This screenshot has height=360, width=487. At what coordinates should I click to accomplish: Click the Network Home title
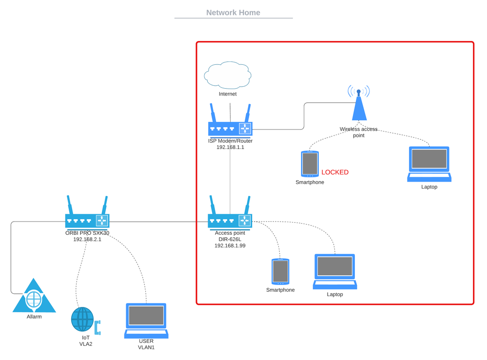point(233,13)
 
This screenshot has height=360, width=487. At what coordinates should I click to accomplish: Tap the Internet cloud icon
point(228,75)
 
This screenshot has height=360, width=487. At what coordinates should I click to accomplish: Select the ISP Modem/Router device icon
point(230,125)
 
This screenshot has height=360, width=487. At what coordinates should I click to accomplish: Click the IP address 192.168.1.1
point(230,147)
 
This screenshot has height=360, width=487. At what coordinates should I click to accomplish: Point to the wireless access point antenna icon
point(359,104)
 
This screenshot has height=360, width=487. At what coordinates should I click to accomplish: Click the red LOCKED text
point(335,172)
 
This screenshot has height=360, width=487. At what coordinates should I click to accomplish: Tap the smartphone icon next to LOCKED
point(310,164)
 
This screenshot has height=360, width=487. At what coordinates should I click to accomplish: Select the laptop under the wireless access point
point(429,164)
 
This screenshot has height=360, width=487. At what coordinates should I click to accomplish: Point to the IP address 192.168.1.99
point(230,246)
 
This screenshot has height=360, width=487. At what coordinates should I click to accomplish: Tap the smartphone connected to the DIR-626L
point(280,271)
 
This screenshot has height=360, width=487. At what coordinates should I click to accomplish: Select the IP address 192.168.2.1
point(87,239)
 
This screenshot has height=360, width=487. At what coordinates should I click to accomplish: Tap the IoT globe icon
point(82,320)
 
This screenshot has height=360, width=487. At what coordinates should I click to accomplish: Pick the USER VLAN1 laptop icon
point(146,321)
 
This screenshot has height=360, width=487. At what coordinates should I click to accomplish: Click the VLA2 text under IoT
point(86,344)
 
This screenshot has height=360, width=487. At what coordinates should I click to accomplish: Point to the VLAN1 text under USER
point(146,347)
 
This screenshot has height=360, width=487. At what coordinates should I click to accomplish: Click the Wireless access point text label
point(359,133)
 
